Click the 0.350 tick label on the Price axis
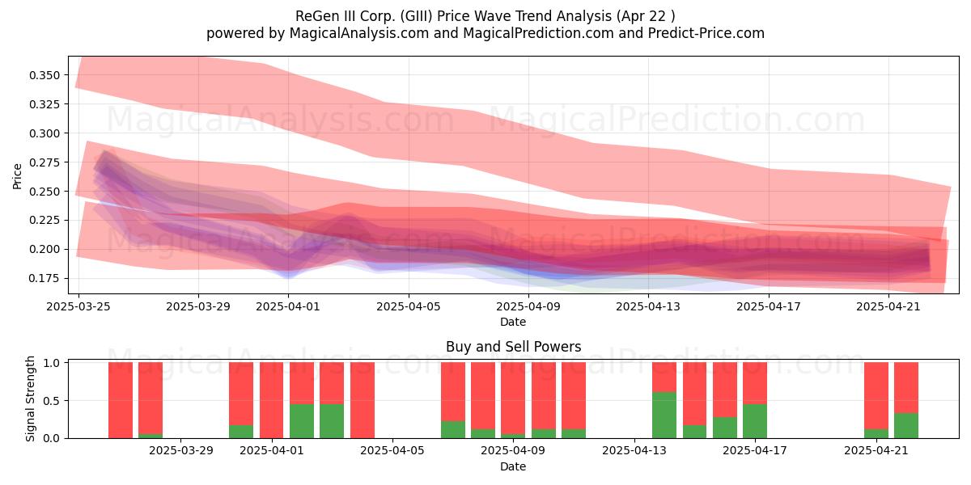pyautogui.click(x=45, y=75)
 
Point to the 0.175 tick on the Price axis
pyautogui.click(x=45, y=278)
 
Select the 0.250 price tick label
pyautogui.click(x=45, y=192)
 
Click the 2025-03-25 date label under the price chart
pyautogui.click(x=78, y=306)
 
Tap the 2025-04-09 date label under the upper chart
pyautogui.click(x=528, y=306)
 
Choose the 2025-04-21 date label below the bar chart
pyautogui.click(x=876, y=450)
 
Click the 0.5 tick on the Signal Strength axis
pyautogui.click(x=52, y=401)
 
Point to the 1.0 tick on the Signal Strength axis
pyautogui.click(x=52, y=363)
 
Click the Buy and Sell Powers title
pyautogui.click(x=513, y=347)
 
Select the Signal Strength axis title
pyautogui.click(x=30, y=399)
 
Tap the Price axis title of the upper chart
pyautogui.click(x=17, y=176)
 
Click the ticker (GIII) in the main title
pyautogui.click(x=416, y=16)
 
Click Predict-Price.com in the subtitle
pyautogui.click(x=706, y=33)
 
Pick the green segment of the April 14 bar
pyautogui.click(x=664, y=415)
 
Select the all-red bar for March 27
pyautogui.click(x=121, y=400)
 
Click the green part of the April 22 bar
pyautogui.click(x=906, y=426)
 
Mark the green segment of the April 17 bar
pyautogui.click(x=755, y=421)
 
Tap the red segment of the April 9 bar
pyautogui.click(x=513, y=398)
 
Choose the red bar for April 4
pyautogui.click(x=363, y=400)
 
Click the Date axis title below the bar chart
pyautogui.click(x=513, y=466)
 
